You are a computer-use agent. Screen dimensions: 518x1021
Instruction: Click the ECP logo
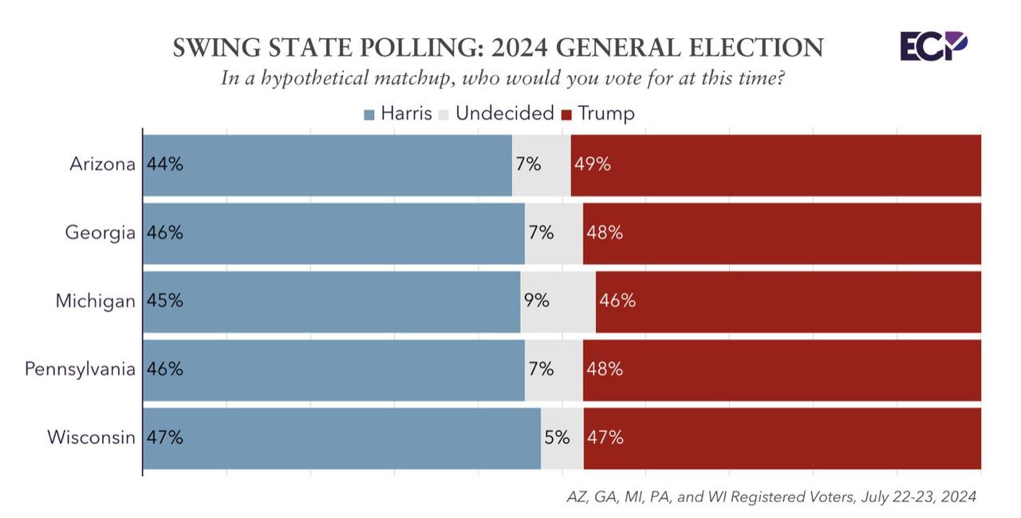coord(934,46)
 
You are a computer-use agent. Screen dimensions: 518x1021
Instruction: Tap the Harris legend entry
coord(398,113)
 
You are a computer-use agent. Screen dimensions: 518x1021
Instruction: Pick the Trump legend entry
coord(598,113)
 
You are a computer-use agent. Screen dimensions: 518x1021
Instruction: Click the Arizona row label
coord(102,164)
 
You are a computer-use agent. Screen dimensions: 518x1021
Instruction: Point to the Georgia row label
coord(101,233)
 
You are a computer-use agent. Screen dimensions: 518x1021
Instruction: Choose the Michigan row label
coord(96,301)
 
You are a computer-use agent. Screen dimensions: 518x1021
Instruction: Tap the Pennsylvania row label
coord(80,370)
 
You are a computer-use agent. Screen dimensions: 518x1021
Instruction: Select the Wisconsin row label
coord(91,437)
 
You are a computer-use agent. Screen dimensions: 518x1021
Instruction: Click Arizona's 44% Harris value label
coord(164,164)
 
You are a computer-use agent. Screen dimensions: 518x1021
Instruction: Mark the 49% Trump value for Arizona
coord(592,164)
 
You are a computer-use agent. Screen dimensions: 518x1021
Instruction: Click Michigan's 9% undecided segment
coord(558,302)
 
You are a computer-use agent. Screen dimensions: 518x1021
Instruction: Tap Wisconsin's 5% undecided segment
coord(562,438)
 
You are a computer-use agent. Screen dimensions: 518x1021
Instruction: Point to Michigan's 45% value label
coord(164,301)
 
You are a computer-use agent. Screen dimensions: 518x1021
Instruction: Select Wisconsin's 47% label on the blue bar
coord(164,437)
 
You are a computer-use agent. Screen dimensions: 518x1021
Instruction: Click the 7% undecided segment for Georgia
coord(554,233)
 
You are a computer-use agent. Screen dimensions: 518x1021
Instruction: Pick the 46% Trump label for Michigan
coord(617,301)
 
